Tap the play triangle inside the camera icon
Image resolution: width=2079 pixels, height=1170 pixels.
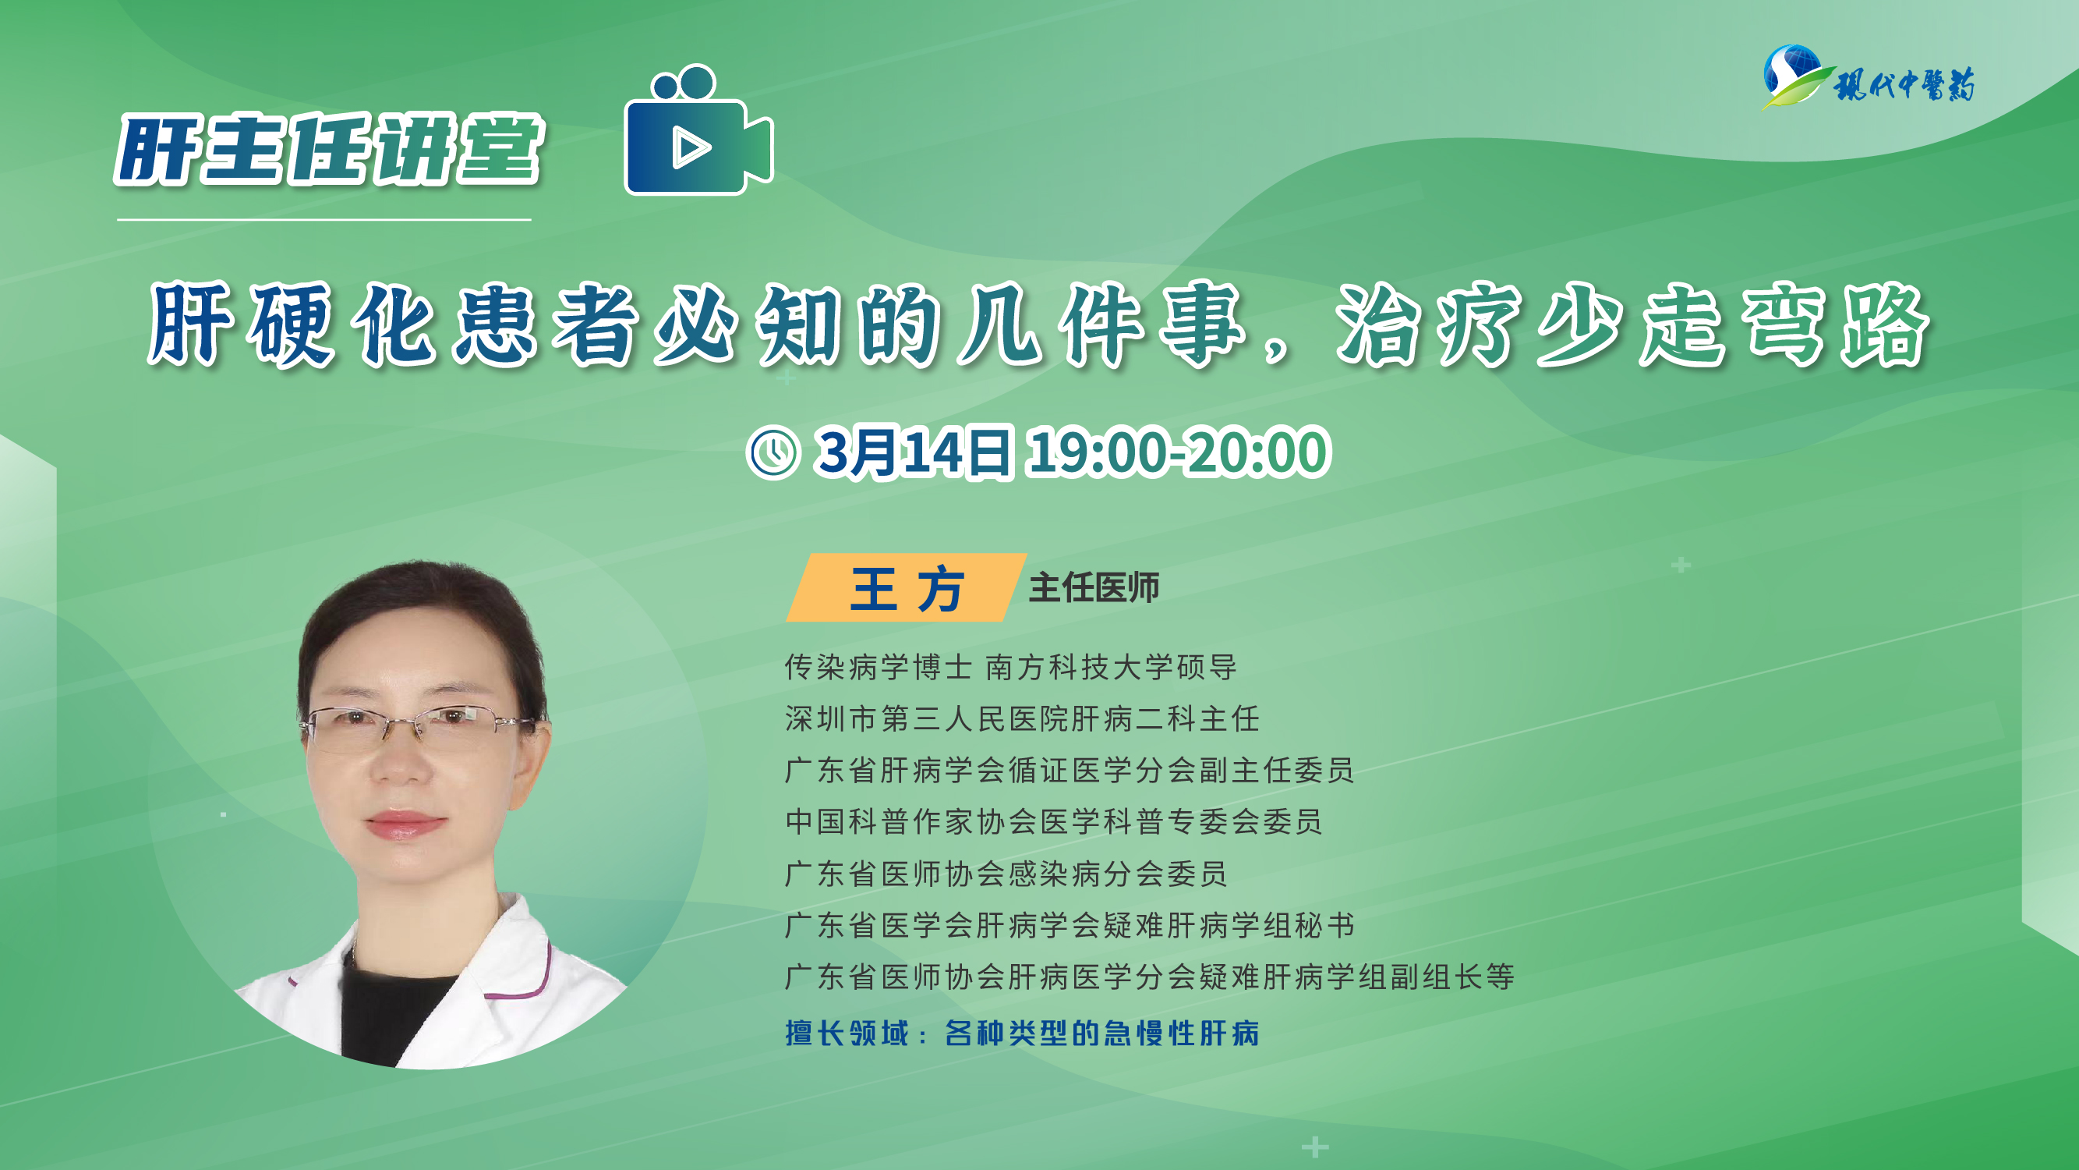pyautogui.click(x=690, y=147)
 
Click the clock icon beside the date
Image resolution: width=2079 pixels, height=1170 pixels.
pyautogui.click(x=773, y=453)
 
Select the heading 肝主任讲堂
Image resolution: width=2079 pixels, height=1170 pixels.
pyautogui.click(x=330, y=151)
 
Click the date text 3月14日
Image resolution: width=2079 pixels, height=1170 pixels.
pyautogui.click(x=913, y=452)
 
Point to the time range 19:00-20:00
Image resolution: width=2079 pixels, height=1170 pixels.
pyautogui.click(x=1178, y=452)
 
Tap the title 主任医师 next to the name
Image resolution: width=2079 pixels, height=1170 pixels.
pyautogui.click(x=1094, y=588)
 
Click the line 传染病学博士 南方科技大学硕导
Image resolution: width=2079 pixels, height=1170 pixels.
pyautogui.click(x=1010, y=667)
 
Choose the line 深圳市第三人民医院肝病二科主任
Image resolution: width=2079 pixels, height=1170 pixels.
pyautogui.click(x=1022, y=718)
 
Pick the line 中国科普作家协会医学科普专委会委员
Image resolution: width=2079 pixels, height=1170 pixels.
pyautogui.click(x=1053, y=822)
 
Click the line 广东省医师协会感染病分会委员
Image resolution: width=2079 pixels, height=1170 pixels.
pyautogui.click(x=1006, y=874)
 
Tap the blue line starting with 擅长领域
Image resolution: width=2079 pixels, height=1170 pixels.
pyautogui.click(x=1022, y=1033)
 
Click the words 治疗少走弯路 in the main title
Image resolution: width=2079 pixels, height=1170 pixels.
pyautogui.click(x=1632, y=324)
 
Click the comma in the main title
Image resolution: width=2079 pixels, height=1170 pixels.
pyautogui.click(x=1278, y=350)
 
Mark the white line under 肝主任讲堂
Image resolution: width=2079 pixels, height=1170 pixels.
pyautogui.click(x=324, y=220)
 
